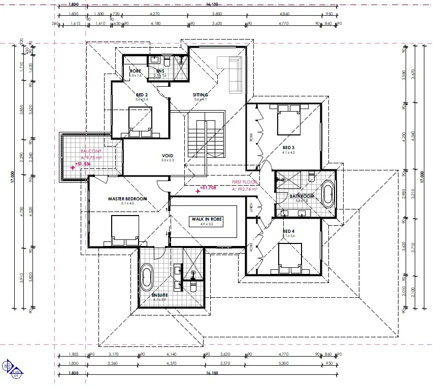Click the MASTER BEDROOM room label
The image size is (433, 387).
click(127, 199)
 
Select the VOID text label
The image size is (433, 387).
click(168, 156)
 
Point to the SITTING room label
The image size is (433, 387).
click(201, 95)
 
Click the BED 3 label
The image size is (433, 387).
click(289, 148)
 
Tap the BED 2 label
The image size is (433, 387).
click(142, 95)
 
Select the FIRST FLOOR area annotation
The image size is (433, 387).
click(244, 182)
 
